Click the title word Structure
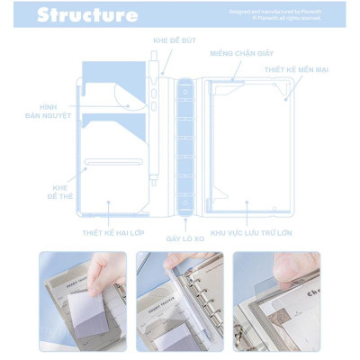(x=87, y=14)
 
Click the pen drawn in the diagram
(x=154, y=135)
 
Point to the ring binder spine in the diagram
(x=186, y=144)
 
